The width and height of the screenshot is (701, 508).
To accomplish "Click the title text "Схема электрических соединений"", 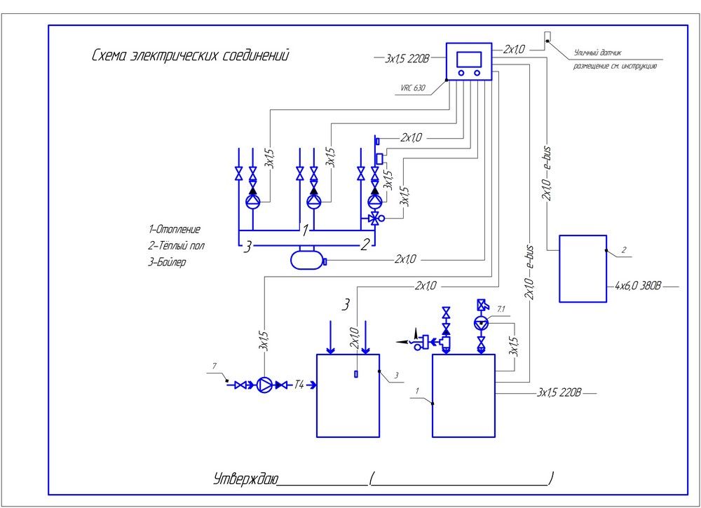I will click(190, 55).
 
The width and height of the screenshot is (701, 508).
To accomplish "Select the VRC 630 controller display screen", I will click(469, 58).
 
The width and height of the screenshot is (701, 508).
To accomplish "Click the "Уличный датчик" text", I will click(597, 52).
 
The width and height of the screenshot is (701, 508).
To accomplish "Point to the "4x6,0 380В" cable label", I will click(637, 286).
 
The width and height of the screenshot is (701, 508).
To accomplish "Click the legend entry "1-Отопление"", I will click(175, 229).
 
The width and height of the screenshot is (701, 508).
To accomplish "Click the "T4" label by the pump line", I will click(300, 385).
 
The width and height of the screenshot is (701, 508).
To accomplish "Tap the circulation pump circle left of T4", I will click(265, 385).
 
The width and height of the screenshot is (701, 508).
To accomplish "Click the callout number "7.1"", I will click(501, 308).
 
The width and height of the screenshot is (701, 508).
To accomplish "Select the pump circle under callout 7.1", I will click(481, 323).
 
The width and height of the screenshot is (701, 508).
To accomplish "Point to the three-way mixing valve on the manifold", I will click(374, 219).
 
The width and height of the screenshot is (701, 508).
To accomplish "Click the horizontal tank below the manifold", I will click(307, 261).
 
